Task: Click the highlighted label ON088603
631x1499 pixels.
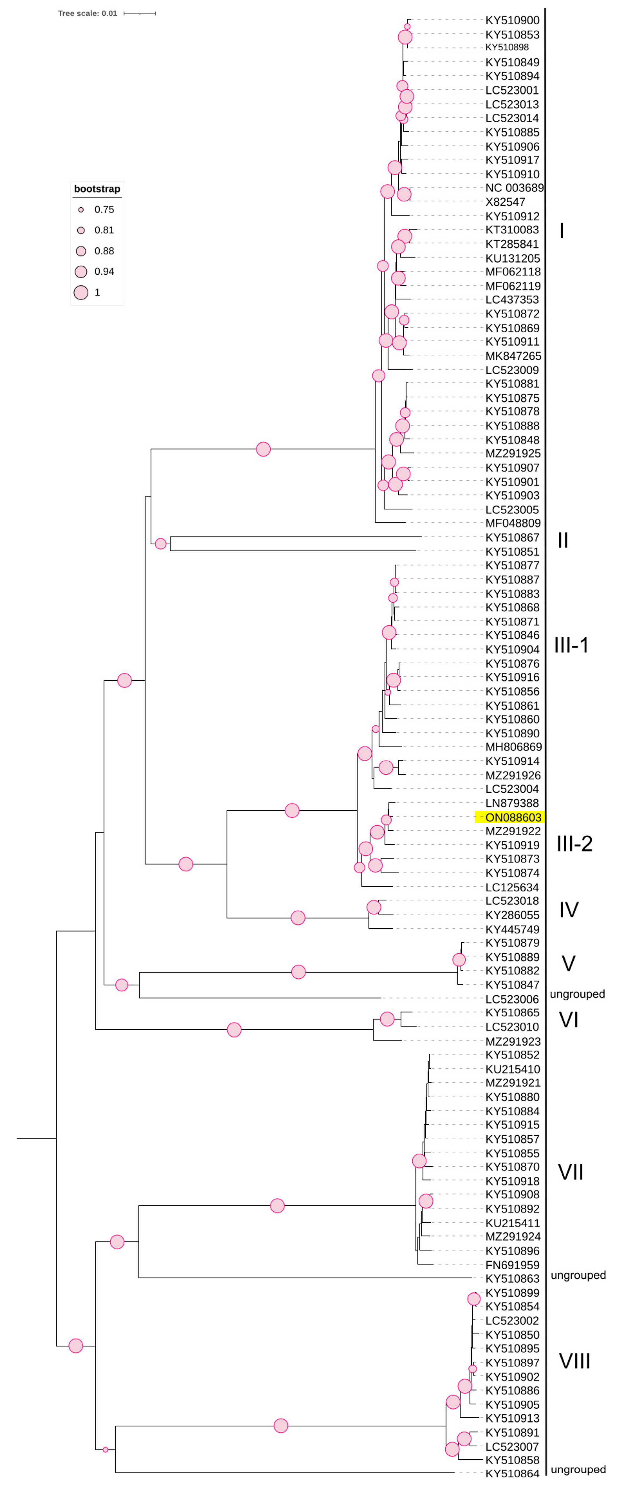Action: tap(512, 817)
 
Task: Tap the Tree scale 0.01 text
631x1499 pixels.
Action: tap(87, 13)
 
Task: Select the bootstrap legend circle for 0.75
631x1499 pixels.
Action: tap(81, 209)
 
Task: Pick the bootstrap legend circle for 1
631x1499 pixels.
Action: tap(81, 292)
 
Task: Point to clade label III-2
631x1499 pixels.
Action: tap(574, 843)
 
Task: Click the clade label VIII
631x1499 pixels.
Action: tap(574, 1361)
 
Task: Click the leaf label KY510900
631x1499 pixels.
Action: tap(512, 20)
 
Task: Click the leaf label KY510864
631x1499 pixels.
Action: tap(512, 1473)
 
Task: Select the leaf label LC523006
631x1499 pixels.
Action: tap(512, 999)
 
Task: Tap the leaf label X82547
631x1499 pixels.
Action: tap(505, 202)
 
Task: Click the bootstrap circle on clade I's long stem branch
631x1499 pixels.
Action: tap(263, 449)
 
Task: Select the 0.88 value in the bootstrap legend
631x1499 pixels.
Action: tap(104, 251)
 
